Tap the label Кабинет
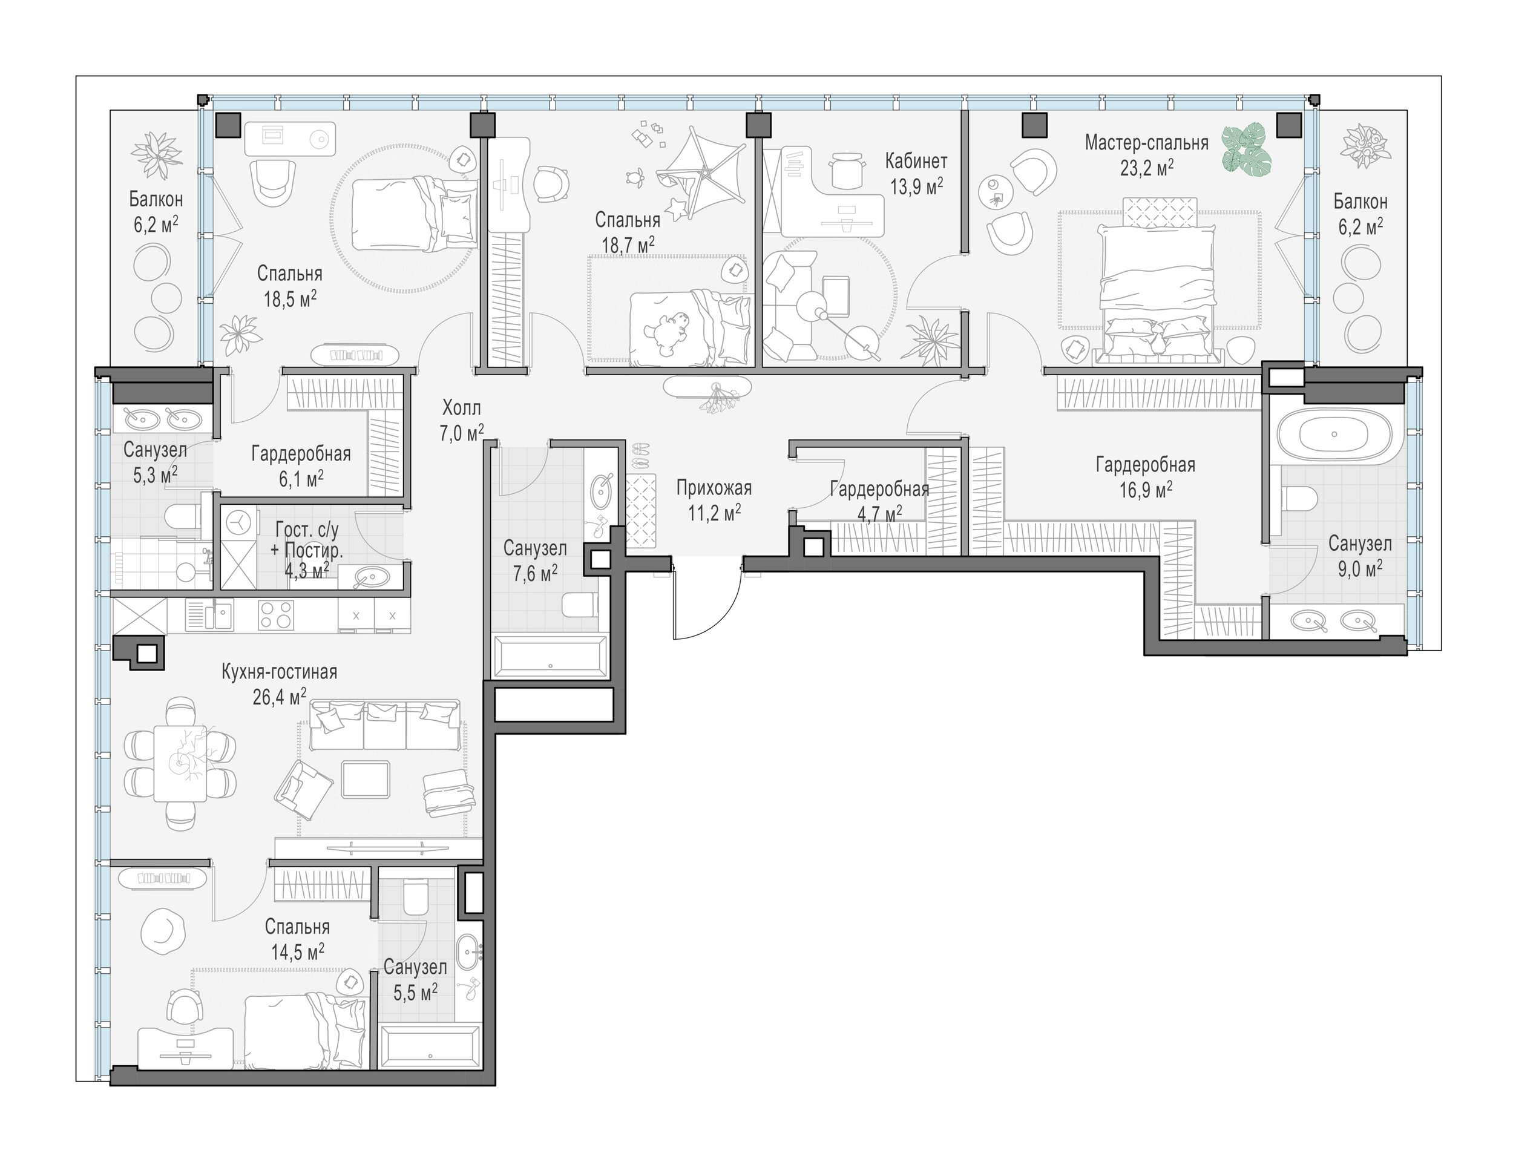coord(916,161)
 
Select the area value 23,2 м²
coord(1147,168)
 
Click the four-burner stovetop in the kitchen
coord(276,616)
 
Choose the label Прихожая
coord(714,488)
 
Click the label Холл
coord(462,408)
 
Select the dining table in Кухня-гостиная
coord(180,763)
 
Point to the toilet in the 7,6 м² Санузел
coord(580,605)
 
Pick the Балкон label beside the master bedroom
coord(1360,202)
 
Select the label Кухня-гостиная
coord(280,672)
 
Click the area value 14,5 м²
coord(297,952)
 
